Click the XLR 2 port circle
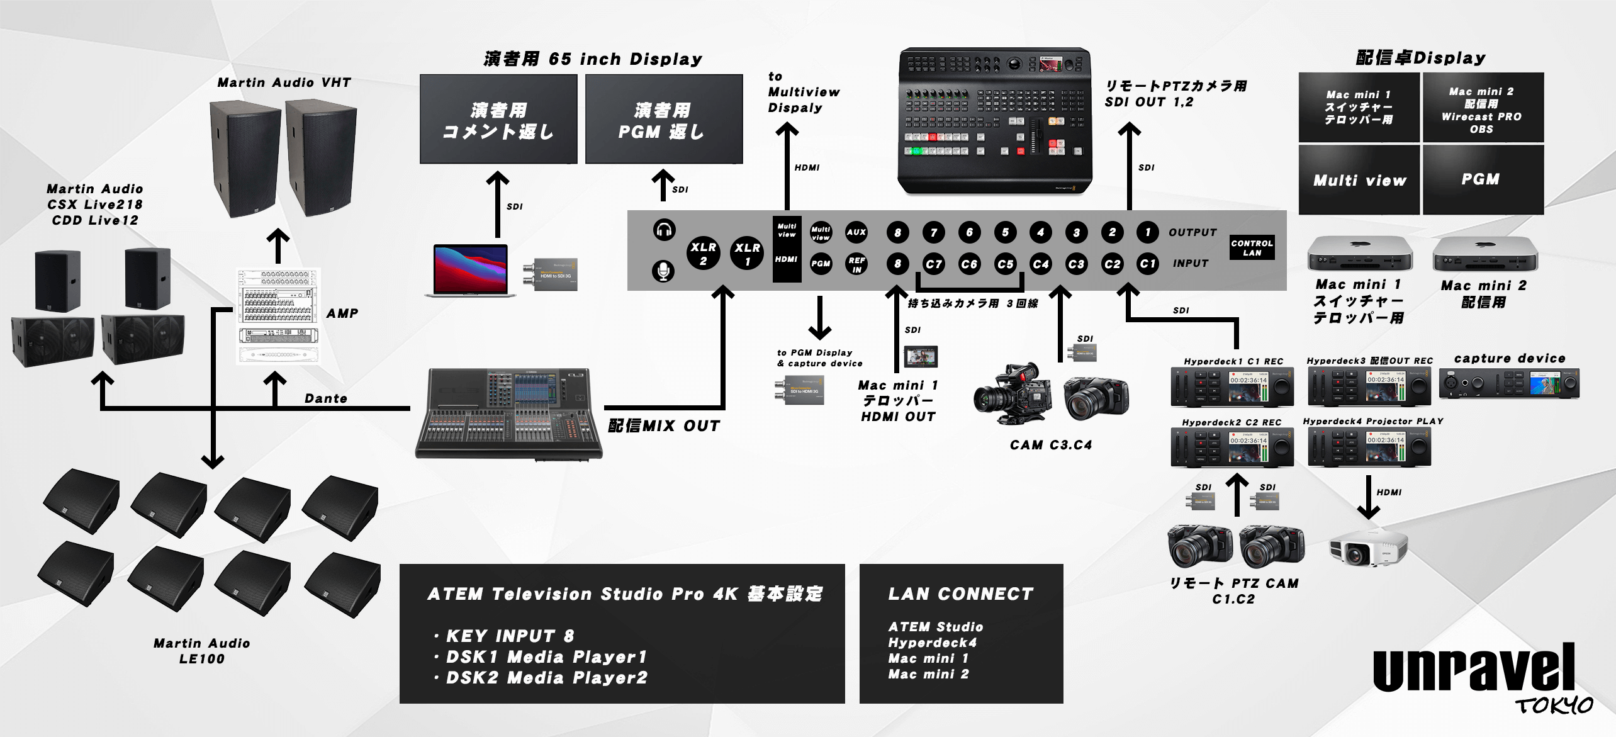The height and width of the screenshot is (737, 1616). point(703,252)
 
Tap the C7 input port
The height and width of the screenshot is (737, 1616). point(933,264)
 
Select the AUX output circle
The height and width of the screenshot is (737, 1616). point(856,232)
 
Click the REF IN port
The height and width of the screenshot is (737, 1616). point(856,264)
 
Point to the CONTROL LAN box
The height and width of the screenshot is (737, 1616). point(1252,247)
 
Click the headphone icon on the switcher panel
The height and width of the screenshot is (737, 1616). point(664,230)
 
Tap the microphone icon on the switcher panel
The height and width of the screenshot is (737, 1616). point(663,271)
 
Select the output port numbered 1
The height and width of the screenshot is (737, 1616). point(1147,232)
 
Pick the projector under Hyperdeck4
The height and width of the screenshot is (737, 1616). point(1367,547)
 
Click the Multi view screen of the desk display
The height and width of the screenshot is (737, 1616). point(1359,181)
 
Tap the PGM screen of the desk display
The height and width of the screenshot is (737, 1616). point(1482,179)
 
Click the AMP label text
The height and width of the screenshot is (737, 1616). point(342,313)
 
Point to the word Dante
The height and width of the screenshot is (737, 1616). point(325,398)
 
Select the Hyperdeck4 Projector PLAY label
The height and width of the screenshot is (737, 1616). point(1372,421)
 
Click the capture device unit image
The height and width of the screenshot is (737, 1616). point(1508,383)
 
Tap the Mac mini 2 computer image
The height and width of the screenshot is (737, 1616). point(1484,254)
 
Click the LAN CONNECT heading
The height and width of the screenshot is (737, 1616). point(960,594)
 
